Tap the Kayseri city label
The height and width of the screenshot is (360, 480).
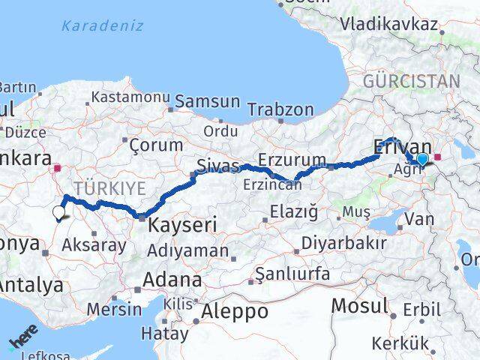182,224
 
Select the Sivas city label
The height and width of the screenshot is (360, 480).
218,166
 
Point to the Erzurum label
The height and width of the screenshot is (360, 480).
292,159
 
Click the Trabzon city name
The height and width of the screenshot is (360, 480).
280,109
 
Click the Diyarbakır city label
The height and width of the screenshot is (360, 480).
343,243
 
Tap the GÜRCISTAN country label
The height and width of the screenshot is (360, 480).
411,81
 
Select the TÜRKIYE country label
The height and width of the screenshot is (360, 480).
109,188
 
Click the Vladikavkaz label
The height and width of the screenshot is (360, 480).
388,24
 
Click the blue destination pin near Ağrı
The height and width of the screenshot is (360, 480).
422,159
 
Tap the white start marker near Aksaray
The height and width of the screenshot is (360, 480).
59,213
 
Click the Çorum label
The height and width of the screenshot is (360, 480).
156,145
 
